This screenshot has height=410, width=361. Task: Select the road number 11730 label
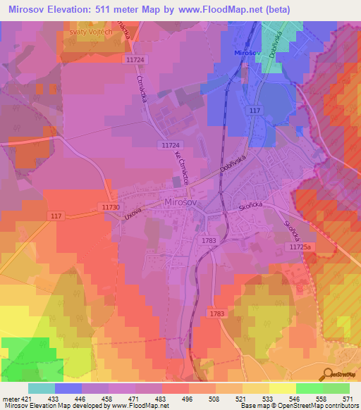(110, 207)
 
